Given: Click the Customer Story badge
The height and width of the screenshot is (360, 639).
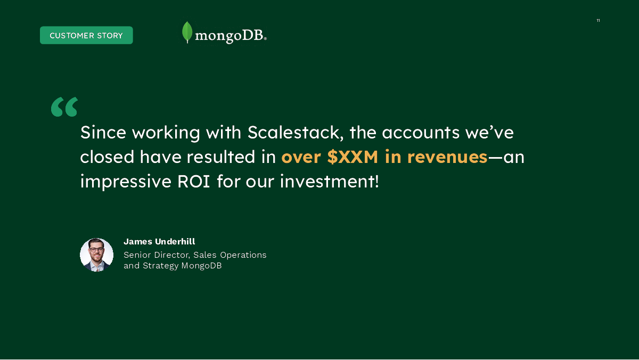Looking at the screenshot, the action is tap(86, 35).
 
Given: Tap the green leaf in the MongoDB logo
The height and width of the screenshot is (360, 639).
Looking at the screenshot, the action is tap(187, 32).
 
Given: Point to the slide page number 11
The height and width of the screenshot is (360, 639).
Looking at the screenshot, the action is tap(598, 21).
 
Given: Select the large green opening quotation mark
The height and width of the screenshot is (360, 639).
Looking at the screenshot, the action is tap(64, 107).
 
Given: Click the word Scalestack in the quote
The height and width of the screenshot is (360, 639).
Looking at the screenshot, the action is tap(296, 133).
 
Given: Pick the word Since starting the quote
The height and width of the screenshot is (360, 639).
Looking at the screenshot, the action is tap(103, 133).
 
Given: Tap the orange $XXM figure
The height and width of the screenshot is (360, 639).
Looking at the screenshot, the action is tap(353, 157).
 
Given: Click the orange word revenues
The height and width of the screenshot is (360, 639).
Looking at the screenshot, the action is tap(447, 157).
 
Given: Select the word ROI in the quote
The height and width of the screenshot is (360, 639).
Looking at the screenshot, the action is tap(194, 182).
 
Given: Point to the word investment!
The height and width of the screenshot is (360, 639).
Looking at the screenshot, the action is tap(330, 182).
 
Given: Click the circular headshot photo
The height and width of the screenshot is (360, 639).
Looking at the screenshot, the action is tap(96, 255).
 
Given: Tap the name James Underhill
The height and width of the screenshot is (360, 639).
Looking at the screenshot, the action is tap(159, 242).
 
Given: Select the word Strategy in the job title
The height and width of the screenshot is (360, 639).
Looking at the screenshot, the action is tap(161, 266).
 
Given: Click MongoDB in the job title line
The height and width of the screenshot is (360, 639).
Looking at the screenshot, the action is tap(201, 266).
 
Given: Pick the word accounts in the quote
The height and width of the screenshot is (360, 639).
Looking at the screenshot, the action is tap(421, 133).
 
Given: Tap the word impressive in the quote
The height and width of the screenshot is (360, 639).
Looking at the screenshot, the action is tap(126, 182).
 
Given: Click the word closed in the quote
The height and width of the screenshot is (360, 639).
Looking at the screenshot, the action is tap(107, 157).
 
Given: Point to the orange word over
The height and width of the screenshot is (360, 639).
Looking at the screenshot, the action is tap(301, 157).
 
